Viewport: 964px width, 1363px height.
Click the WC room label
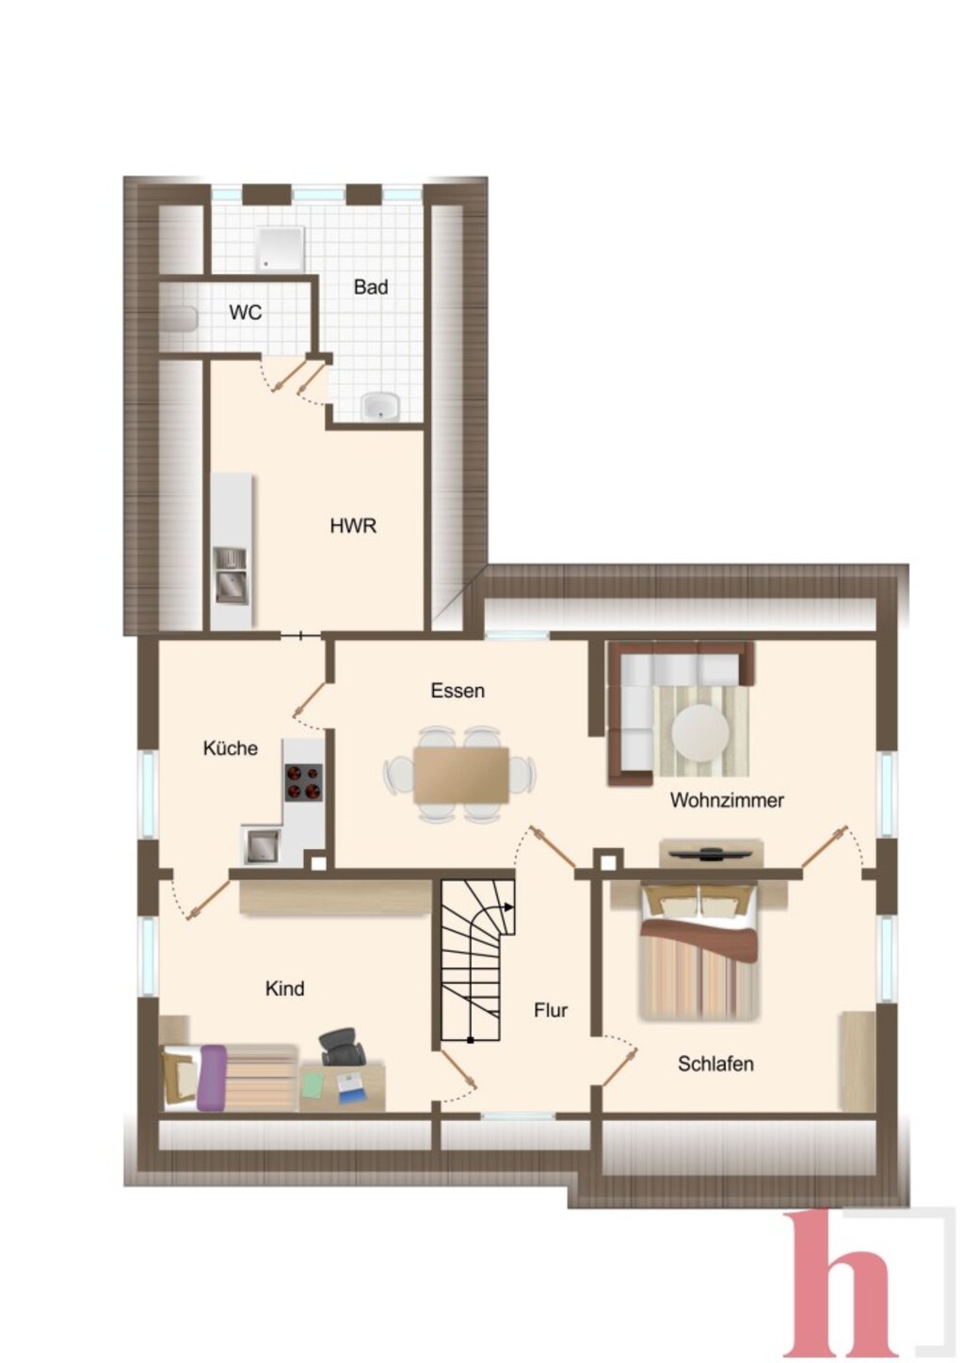coord(246,313)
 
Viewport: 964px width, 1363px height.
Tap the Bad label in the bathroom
coord(371,286)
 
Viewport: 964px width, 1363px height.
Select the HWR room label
coord(353,526)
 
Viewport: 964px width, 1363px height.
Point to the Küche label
coord(230,747)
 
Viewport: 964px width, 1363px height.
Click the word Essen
coord(458,691)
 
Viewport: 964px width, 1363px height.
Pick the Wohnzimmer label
coord(727,800)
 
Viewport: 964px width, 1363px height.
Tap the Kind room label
coord(285,988)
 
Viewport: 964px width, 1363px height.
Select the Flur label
coord(551,1010)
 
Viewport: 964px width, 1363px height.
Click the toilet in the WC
coord(179,319)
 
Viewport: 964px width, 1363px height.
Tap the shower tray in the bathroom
coord(280,249)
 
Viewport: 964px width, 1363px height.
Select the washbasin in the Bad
coord(380,406)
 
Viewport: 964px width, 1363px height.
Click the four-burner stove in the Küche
coord(303,782)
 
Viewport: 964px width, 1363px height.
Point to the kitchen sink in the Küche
coord(261,844)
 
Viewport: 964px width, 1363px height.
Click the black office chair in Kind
coord(342,1046)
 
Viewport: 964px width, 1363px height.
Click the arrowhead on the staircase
coord(508,906)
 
